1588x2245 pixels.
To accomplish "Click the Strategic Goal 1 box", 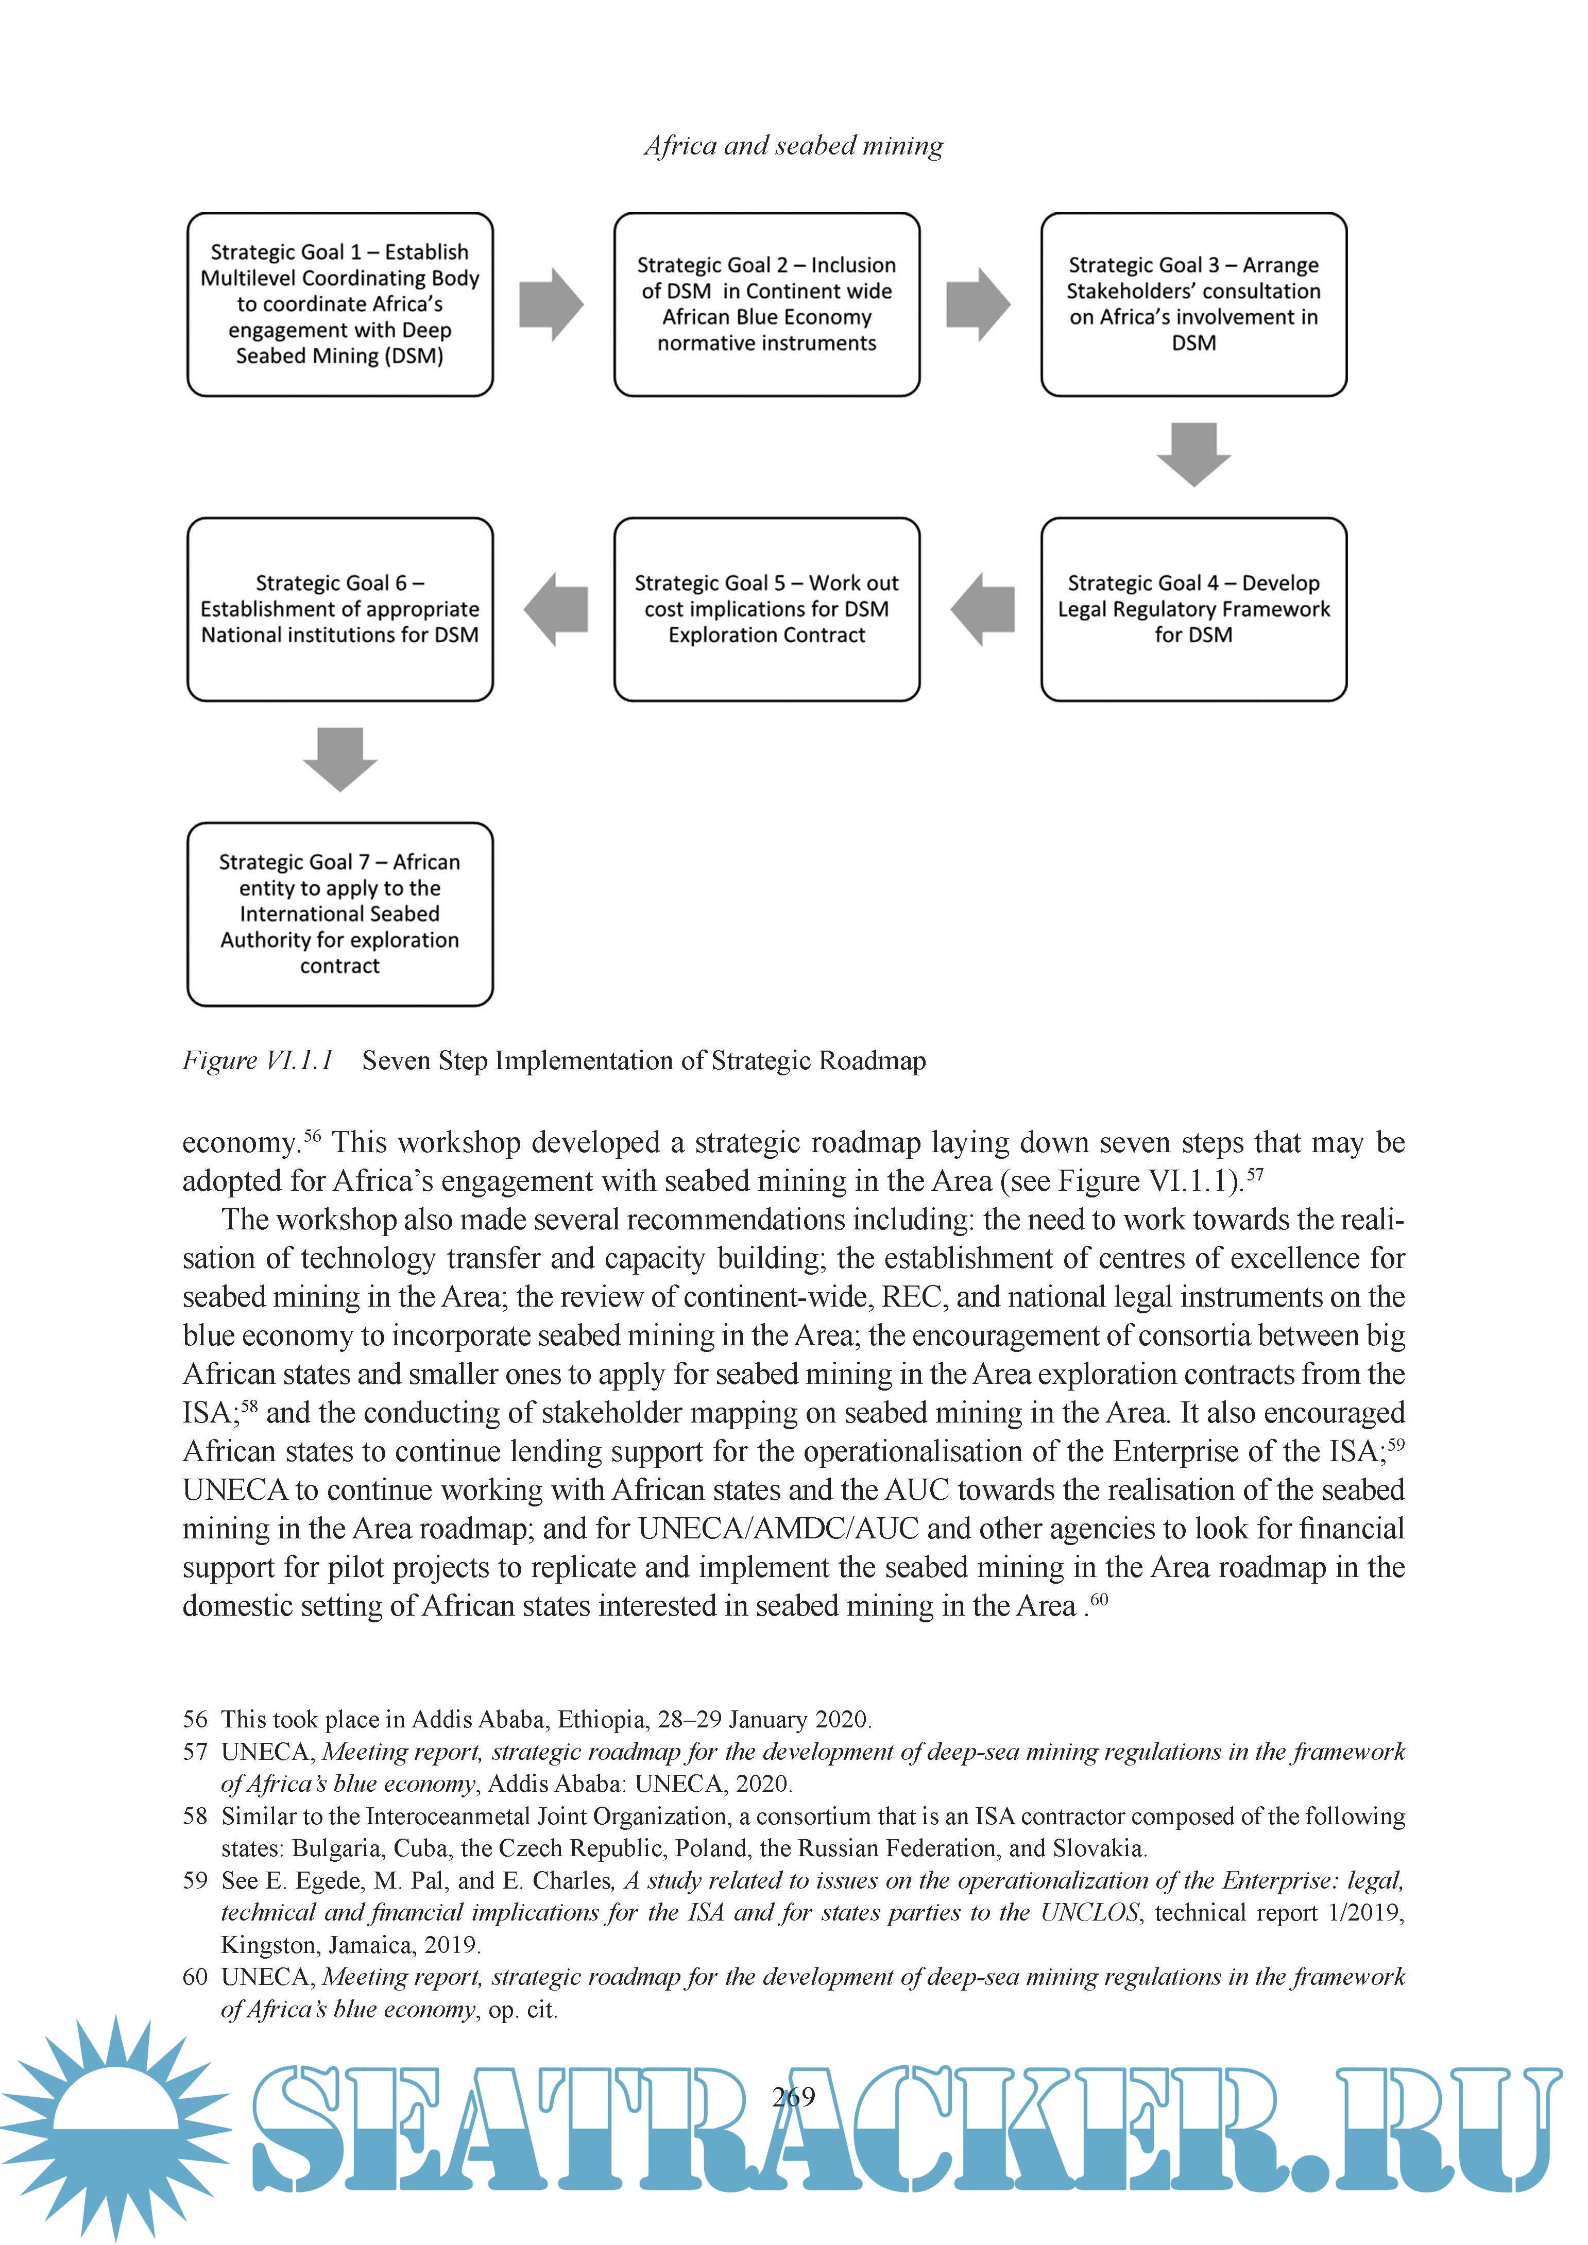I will tap(339, 304).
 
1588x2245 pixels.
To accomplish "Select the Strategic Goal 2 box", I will tap(766, 304).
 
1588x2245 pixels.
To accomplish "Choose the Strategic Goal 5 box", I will tap(766, 609).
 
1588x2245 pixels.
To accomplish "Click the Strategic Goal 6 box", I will tap(339, 609).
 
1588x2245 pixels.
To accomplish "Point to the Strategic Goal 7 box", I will tap(339, 914).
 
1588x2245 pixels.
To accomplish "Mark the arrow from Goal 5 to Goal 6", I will tap(555, 609).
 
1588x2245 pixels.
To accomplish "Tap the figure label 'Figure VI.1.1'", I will tap(257, 1060).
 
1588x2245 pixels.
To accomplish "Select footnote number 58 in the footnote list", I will tap(196, 1816).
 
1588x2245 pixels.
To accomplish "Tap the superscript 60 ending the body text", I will tap(1099, 1600).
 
